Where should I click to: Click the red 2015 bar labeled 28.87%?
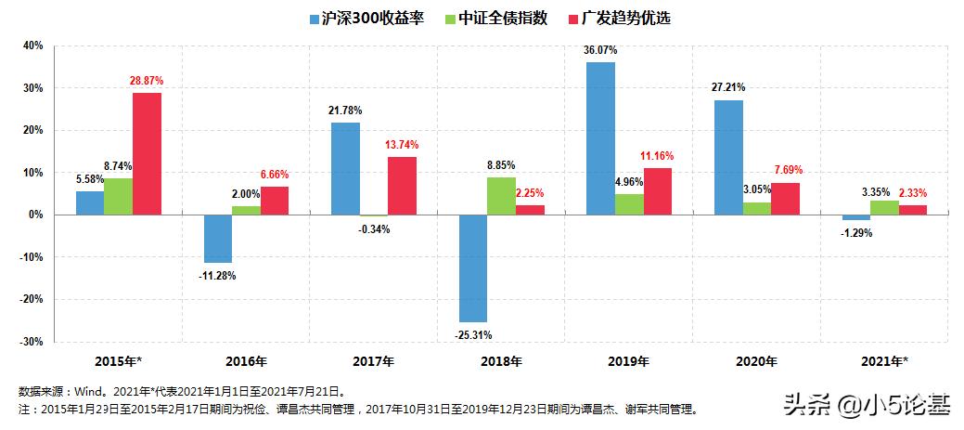click(146, 153)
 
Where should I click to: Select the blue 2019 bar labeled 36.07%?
click(600, 138)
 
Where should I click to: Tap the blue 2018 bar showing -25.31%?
click(472, 267)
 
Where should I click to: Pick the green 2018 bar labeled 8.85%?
click(500, 196)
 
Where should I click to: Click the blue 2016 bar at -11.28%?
click(218, 239)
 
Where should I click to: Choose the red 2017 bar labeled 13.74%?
click(402, 186)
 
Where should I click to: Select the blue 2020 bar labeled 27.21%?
click(728, 157)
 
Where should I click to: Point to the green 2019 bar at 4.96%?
click(628, 204)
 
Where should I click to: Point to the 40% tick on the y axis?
click(32, 46)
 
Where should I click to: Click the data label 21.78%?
click(344, 111)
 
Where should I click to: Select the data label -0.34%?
click(373, 228)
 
